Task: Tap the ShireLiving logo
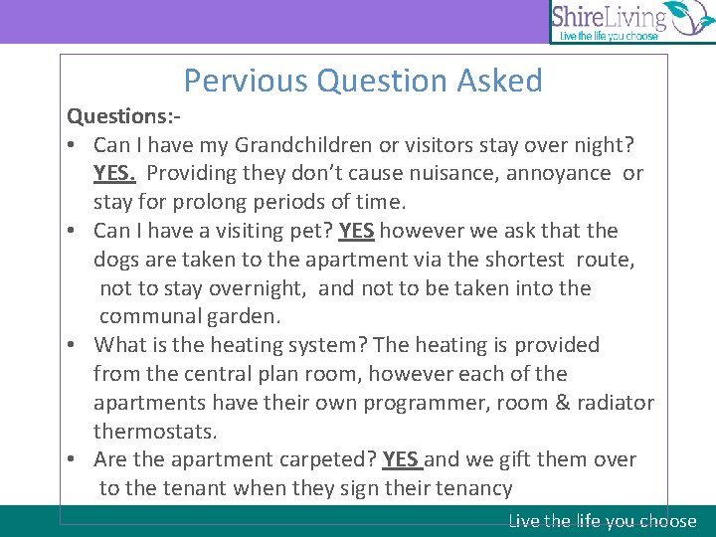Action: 631,22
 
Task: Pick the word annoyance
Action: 559,174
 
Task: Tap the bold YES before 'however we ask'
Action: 356,232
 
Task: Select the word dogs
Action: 116,261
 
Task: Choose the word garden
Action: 247,317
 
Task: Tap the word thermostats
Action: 155,432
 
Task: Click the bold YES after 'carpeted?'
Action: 401,459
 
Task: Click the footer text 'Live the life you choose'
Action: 603,521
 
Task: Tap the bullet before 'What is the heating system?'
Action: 74,346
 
